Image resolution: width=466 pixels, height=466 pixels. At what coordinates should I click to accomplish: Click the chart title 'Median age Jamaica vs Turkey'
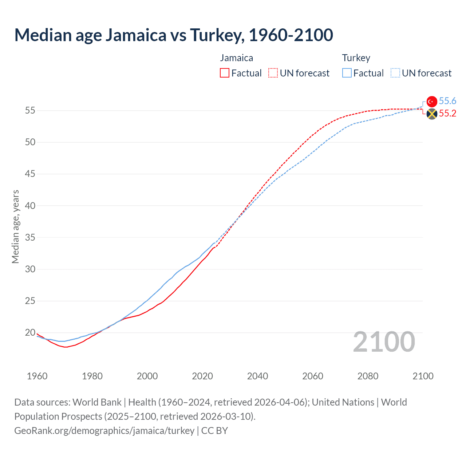tap(174, 35)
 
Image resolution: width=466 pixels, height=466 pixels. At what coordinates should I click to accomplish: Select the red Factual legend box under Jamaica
tap(225, 73)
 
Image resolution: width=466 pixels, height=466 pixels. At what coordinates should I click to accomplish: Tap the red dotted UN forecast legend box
tap(273, 73)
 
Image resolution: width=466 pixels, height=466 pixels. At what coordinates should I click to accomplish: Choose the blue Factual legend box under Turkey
tap(347, 73)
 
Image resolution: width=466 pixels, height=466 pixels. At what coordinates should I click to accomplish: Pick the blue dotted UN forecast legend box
tap(395, 73)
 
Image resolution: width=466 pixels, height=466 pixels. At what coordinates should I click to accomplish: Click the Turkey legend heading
tap(356, 58)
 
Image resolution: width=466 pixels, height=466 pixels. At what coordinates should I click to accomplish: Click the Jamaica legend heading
tap(236, 58)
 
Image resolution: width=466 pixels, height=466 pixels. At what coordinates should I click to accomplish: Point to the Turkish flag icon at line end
tap(432, 102)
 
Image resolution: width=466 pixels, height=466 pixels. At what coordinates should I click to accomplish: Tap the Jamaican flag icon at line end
tap(432, 114)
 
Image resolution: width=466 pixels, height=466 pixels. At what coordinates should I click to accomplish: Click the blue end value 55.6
tap(447, 101)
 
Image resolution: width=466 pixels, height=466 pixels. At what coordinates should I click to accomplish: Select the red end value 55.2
tap(447, 114)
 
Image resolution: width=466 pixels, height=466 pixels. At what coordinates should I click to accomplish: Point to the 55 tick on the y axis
tap(30, 110)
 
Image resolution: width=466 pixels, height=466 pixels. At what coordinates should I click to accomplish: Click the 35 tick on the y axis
tap(30, 237)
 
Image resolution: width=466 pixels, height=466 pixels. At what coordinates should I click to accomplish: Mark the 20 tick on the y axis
tap(30, 332)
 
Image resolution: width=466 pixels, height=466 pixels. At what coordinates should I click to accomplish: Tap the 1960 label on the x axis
tap(37, 376)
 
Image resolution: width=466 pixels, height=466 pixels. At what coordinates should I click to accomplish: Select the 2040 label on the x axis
tap(257, 376)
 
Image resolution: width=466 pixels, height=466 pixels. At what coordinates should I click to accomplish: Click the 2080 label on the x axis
tap(368, 376)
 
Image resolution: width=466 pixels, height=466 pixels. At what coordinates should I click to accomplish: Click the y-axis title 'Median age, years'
tap(15, 226)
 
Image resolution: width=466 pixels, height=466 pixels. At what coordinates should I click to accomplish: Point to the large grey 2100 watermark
tap(384, 342)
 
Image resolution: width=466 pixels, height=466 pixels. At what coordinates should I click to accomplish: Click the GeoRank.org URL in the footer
tap(104, 431)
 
